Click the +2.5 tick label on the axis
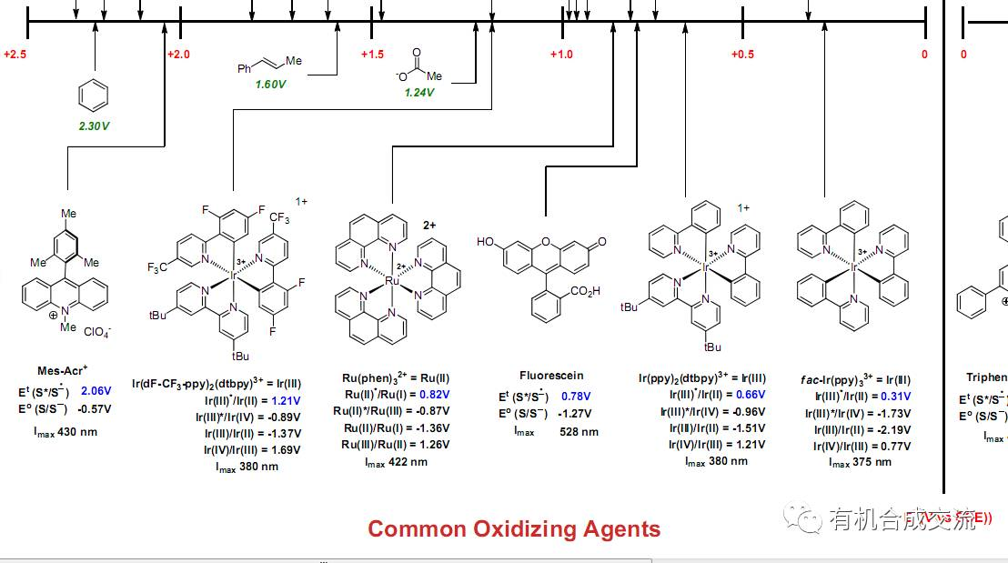tap(15, 55)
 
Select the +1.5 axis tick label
tap(372, 55)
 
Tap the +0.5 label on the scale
tap(742, 55)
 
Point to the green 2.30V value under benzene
tap(94, 126)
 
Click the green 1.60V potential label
tap(270, 84)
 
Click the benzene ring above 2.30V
tap(94, 94)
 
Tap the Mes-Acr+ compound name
tap(63, 370)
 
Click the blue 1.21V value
tap(286, 400)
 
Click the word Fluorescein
tap(551, 376)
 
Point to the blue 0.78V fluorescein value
tap(575, 397)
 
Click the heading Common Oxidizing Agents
tap(514, 528)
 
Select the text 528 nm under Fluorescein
tap(579, 431)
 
